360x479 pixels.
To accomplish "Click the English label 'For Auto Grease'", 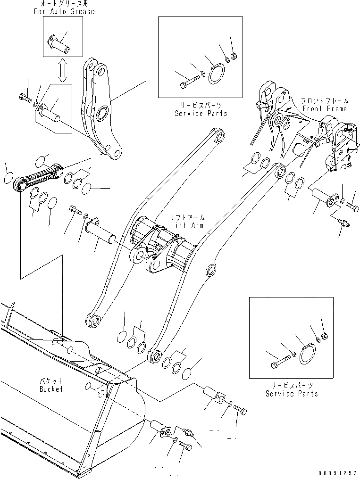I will tap(64, 11).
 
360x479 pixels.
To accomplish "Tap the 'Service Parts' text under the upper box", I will tap(201, 114).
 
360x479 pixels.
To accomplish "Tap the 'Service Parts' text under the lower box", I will tap(291, 394).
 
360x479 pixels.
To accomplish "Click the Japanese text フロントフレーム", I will tap(325, 101).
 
